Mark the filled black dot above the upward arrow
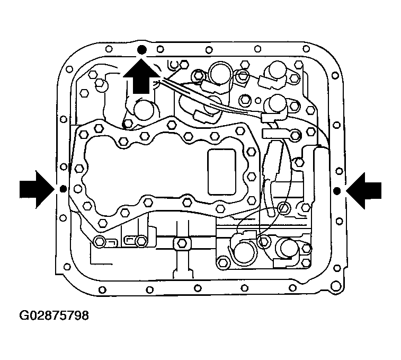(x=141, y=50)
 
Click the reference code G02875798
(x=54, y=317)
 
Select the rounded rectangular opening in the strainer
(x=222, y=171)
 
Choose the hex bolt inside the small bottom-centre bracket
(x=181, y=243)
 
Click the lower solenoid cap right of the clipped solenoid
(x=288, y=248)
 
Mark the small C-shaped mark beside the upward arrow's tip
(x=171, y=65)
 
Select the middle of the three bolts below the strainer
(x=140, y=242)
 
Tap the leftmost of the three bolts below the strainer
(x=100, y=242)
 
